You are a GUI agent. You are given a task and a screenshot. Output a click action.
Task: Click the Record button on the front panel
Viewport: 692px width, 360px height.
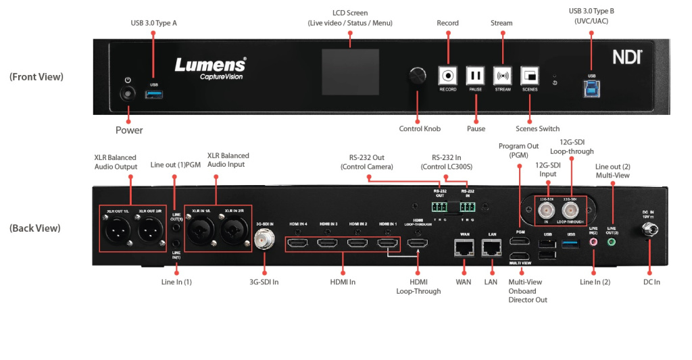448,75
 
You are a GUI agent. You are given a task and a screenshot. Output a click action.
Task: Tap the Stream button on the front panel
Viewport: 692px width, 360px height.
502,75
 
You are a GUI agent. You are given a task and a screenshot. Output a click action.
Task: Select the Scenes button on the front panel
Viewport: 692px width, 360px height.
530,75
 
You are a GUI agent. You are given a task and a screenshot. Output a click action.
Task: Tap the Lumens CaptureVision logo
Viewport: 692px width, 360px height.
210,68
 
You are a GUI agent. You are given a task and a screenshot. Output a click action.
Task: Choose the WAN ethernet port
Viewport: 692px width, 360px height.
464,249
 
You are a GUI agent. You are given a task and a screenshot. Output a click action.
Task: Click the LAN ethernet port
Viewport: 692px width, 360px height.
493,249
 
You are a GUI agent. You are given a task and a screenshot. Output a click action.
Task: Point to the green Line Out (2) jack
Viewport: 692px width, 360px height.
612,241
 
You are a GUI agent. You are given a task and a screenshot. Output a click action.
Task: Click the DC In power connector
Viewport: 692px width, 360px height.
649,230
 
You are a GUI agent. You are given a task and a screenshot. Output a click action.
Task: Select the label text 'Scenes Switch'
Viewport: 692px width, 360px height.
537,128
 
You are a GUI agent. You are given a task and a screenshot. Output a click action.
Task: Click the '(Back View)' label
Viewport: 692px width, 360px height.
35,228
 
